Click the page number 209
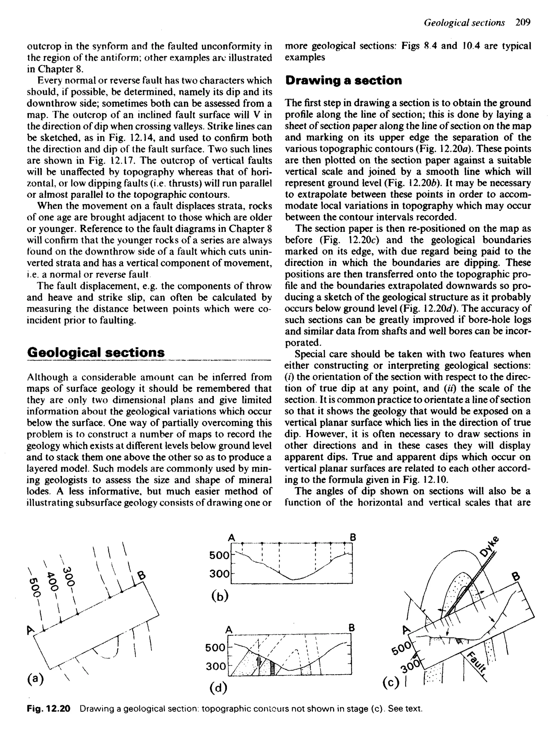point(523,23)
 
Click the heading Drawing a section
point(343,81)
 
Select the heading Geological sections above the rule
point(96,352)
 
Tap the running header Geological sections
point(464,23)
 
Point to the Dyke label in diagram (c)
point(489,546)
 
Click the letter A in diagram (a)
point(31,629)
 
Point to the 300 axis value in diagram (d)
point(216,666)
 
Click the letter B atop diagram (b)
point(353,537)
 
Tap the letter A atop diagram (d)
point(229,629)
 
